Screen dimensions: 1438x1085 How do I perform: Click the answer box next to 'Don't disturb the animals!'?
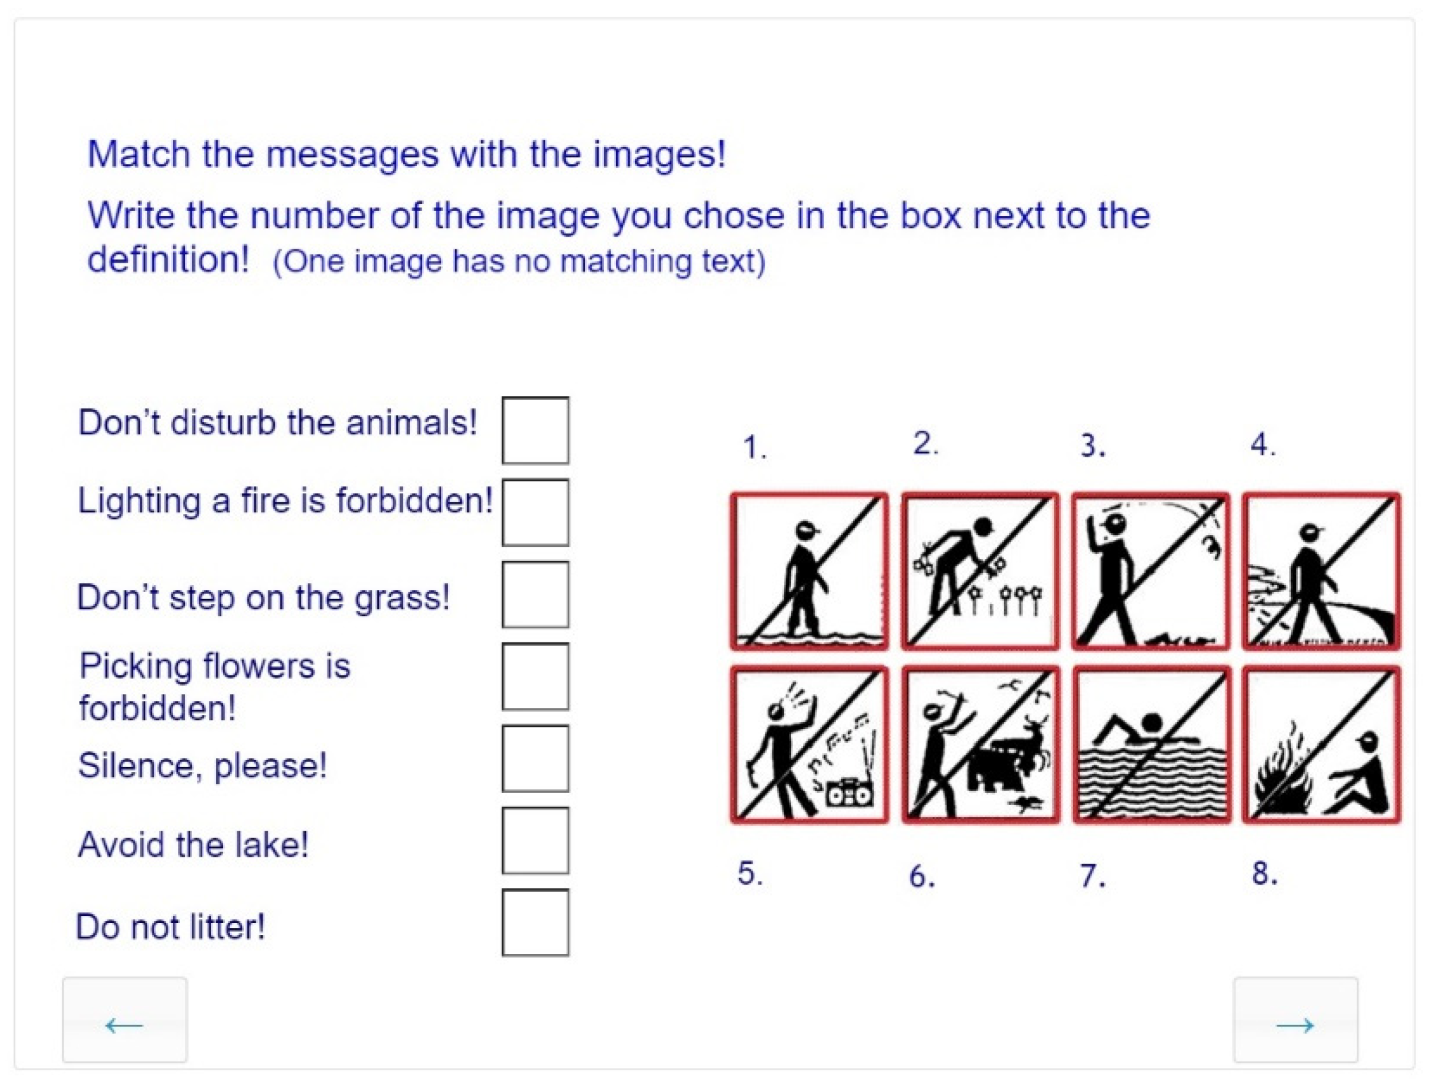click(x=535, y=430)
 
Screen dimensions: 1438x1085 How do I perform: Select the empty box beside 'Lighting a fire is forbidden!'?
click(x=535, y=513)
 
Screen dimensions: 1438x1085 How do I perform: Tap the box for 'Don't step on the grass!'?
click(x=535, y=595)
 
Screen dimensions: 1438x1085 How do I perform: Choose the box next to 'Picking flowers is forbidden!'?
click(x=535, y=677)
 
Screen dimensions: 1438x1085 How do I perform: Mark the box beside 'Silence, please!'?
click(x=535, y=759)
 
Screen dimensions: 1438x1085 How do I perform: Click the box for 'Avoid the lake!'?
click(x=535, y=840)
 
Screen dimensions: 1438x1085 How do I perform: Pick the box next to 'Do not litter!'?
click(x=535, y=922)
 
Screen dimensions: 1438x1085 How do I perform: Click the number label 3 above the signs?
click(x=1093, y=446)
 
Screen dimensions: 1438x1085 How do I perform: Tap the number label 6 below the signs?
click(x=922, y=876)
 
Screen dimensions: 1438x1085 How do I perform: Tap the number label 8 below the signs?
click(x=1264, y=873)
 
